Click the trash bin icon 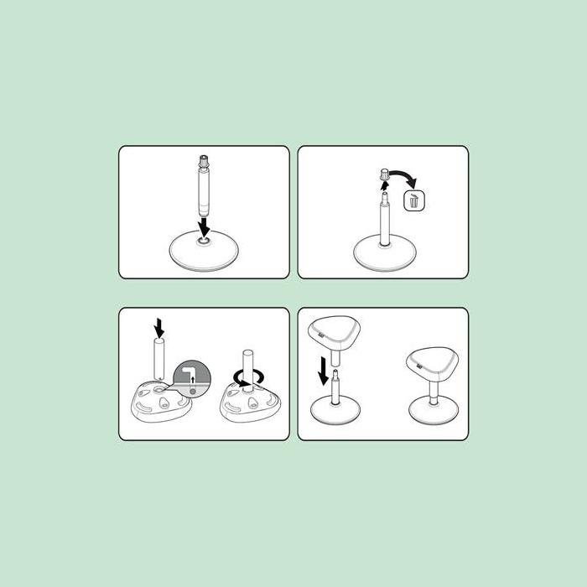point(415,201)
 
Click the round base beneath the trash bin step point(384,252)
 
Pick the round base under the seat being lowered point(336,410)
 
